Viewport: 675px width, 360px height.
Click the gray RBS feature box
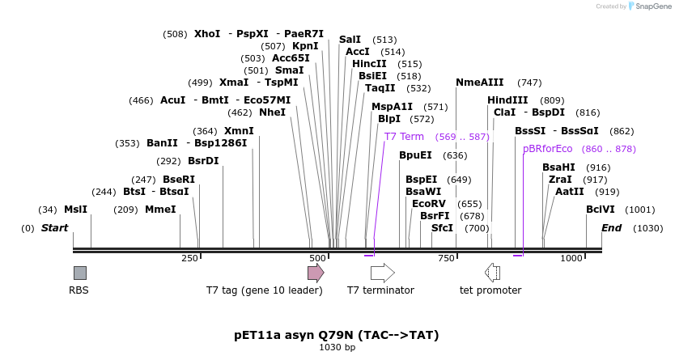[79, 273]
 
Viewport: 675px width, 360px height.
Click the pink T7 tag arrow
[316, 273]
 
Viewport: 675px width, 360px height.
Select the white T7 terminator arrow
[382, 273]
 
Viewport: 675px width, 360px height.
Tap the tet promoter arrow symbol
[492, 273]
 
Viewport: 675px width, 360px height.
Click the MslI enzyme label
[75, 209]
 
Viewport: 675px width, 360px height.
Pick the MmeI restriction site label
[160, 209]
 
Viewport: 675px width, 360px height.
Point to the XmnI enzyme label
[239, 131]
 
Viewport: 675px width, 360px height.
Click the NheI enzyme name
[273, 112]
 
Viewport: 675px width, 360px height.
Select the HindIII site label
[507, 100]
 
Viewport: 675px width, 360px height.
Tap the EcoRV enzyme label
[429, 203]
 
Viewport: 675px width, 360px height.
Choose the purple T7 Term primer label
[404, 137]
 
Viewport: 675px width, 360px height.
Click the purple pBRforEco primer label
[547, 149]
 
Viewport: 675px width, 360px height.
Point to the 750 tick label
[447, 258]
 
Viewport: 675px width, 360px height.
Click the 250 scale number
[189, 258]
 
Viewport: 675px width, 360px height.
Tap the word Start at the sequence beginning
[55, 228]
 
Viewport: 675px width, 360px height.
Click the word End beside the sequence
[611, 228]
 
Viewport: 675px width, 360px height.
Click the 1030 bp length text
[337, 348]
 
